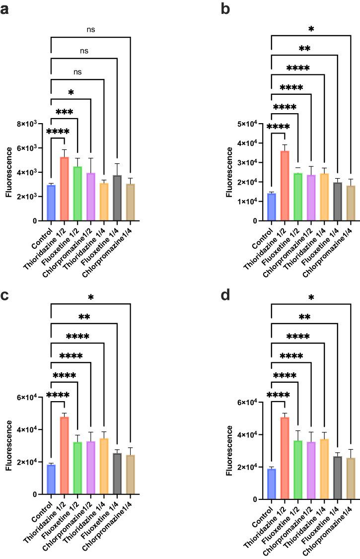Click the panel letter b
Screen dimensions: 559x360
click(x=225, y=8)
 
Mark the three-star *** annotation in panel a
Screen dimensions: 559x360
click(x=65, y=113)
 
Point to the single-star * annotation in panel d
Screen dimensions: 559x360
click(x=311, y=297)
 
